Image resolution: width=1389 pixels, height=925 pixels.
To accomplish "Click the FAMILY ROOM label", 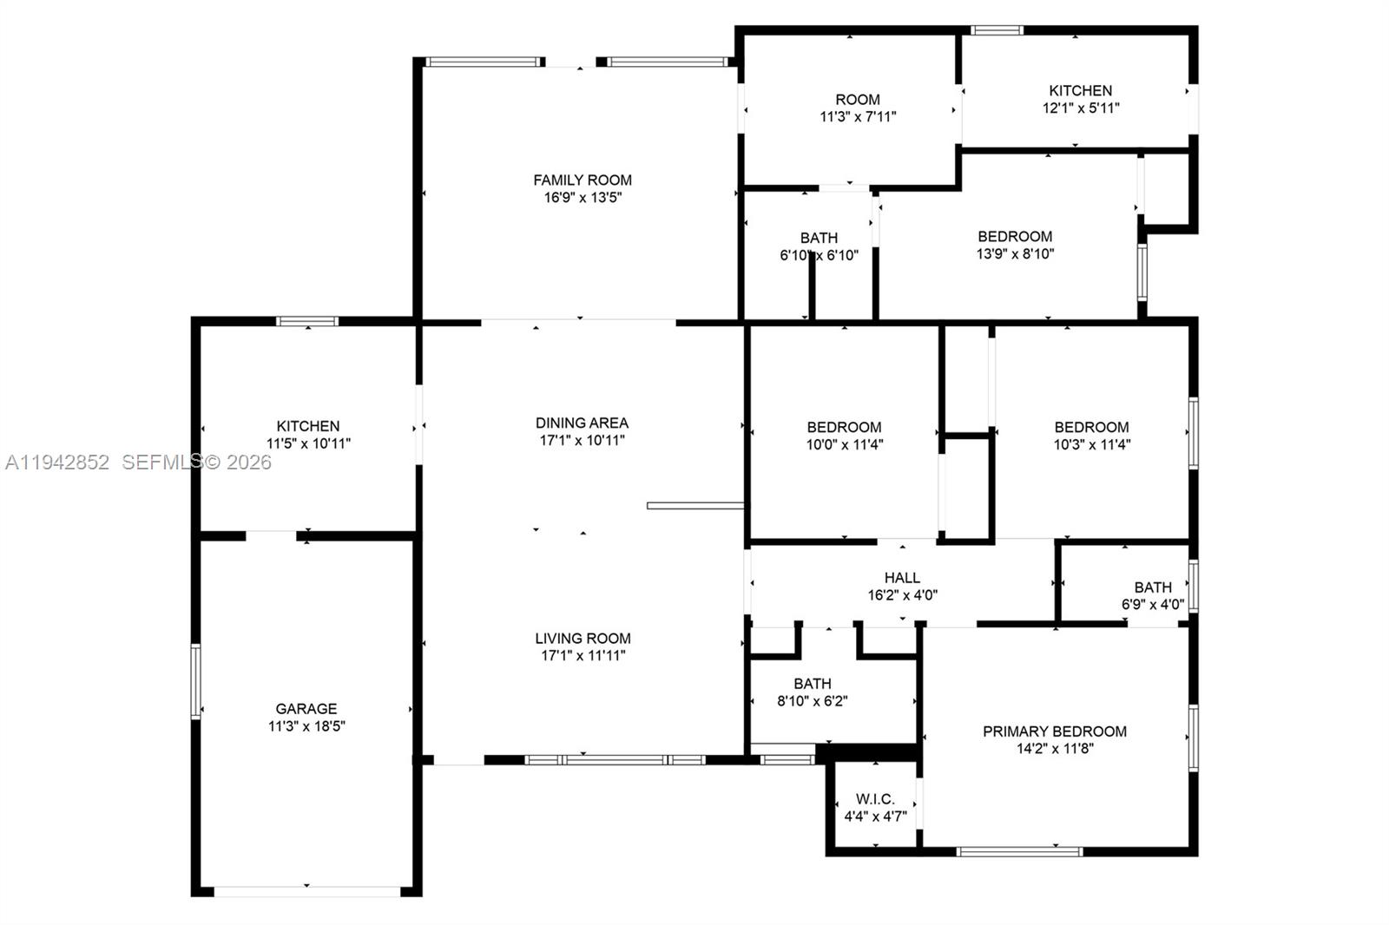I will click(583, 180).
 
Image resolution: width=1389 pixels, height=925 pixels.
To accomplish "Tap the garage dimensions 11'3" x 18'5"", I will click(306, 726).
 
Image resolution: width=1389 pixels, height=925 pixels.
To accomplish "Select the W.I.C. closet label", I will click(875, 799).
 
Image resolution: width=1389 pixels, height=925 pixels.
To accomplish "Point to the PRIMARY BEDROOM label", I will click(1055, 731).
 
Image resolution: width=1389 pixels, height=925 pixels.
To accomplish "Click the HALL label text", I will click(902, 578).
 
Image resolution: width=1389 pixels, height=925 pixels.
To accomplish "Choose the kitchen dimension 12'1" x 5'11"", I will click(1081, 108).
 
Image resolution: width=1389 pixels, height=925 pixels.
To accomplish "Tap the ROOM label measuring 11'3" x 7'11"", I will click(858, 100).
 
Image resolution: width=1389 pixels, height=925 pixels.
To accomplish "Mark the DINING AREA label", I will click(582, 423).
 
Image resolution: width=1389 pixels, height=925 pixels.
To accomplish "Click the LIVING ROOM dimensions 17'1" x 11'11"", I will click(583, 656).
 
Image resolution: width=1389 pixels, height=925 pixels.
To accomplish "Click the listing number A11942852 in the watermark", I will click(57, 462).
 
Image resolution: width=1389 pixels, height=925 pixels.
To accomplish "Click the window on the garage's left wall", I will click(196, 681).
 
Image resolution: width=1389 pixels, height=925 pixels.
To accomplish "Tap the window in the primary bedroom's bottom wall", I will click(1019, 851).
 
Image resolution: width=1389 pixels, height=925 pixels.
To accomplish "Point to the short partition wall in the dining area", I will click(694, 505).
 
